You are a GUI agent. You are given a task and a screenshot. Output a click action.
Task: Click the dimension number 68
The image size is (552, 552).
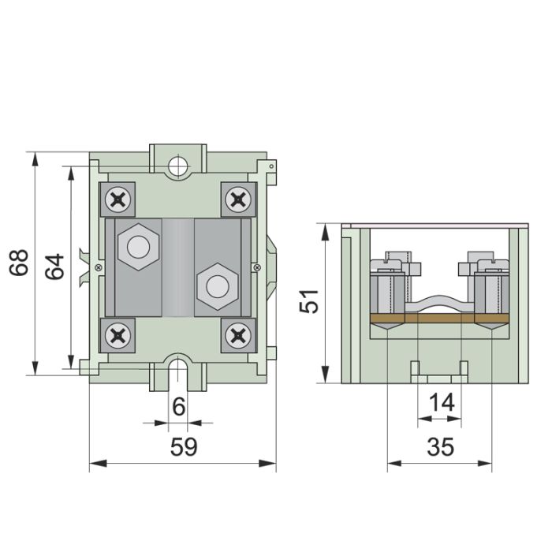tap(19, 263)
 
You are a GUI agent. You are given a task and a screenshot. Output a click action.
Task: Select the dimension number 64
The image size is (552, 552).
tap(55, 267)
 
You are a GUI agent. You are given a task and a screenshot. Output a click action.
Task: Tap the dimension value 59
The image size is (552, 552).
tap(184, 447)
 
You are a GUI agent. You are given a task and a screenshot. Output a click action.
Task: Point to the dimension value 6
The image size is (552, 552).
tap(179, 407)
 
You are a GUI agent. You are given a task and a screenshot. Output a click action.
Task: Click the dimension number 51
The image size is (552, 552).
tap(309, 301)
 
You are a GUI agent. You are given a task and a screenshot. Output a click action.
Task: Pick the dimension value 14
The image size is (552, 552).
tap(442, 402)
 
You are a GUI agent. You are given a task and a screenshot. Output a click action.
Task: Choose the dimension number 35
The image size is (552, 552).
tap(440, 447)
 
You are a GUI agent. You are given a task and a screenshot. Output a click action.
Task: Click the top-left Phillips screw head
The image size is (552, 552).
tap(117, 200)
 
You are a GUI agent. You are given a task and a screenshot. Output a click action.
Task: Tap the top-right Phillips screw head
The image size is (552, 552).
tap(239, 200)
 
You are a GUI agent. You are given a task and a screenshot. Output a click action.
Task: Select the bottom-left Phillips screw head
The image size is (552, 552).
tap(117, 335)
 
